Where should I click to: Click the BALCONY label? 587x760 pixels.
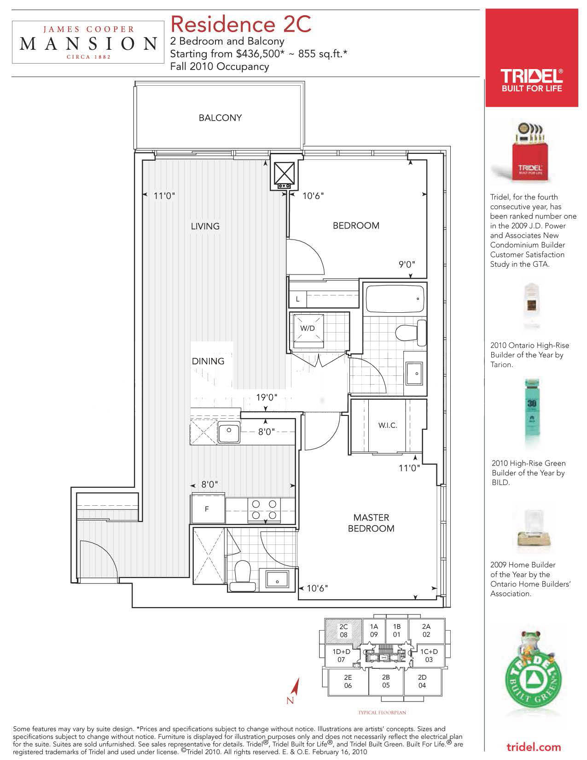coord(220,117)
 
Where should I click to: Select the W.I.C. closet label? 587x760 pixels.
coord(387,425)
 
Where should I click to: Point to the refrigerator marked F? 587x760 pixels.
coord(208,509)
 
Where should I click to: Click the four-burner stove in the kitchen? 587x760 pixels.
coord(264,509)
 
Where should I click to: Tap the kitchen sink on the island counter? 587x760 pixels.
coord(229,433)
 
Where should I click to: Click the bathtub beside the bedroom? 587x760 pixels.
coord(395,299)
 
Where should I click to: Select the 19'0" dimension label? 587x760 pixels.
coord(267,398)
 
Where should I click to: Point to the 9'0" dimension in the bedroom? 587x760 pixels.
coord(407,264)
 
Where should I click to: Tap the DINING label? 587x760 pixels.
coord(208,361)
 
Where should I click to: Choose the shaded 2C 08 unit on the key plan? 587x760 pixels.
coord(343,631)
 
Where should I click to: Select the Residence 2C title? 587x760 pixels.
coord(240,24)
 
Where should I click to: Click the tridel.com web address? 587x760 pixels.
coord(534,747)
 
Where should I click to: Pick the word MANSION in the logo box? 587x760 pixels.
coord(88,44)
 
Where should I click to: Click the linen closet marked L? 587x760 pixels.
coord(298,299)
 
